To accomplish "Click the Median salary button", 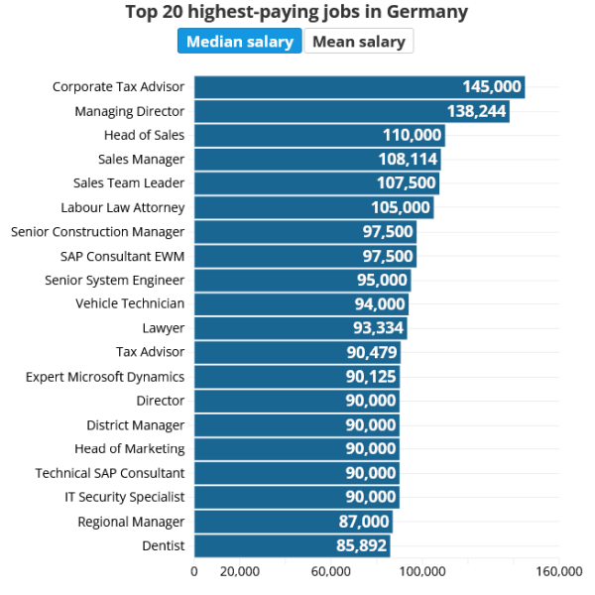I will point(240,42).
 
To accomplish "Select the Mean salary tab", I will point(358,42).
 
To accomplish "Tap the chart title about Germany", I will point(297,13).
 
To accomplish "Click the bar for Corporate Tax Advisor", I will point(359,87).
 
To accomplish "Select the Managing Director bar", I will point(351,111).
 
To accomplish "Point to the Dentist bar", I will point(292,545).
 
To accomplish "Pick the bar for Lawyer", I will point(300,328).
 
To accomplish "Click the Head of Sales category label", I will point(144,135).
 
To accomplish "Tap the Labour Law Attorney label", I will point(123,207).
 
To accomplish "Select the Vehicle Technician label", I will point(130,303).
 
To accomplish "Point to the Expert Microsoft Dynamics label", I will point(105,377).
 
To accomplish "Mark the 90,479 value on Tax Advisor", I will point(371,352).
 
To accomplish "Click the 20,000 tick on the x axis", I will point(239,571).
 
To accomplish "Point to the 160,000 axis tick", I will point(559,571).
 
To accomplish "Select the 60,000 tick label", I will point(330,571).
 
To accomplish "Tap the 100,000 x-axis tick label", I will point(422,571).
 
